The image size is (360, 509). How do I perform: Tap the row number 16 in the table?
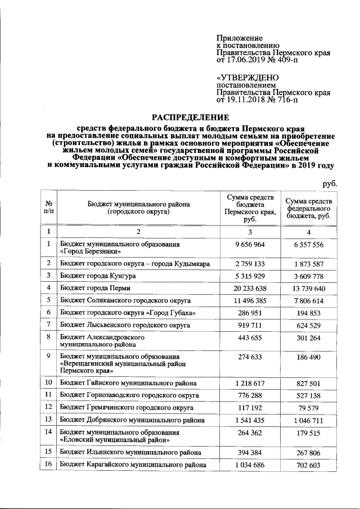(x=48, y=465)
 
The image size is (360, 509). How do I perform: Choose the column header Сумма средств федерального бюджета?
(x=309, y=208)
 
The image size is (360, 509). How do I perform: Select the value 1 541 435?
(x=250, y=420)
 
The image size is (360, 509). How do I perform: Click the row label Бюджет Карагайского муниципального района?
(x=133, y=465)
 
